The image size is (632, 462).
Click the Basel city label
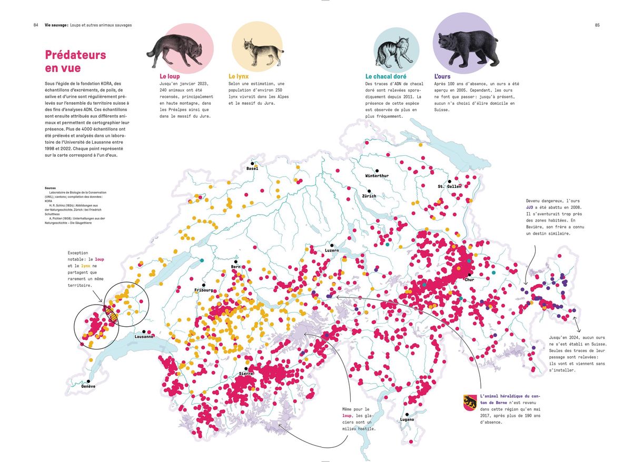coord(252,168)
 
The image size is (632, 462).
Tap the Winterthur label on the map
coord(377,176)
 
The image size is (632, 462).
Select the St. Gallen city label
coord(449,186)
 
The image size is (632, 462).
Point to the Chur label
coord(469,279)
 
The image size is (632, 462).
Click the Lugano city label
coord(407,419)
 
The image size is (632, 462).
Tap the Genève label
coord(88,386)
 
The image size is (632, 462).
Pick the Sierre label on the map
coord(246,374)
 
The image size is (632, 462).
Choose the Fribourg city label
coord(203,290)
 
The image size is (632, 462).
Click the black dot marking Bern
coord(236,262)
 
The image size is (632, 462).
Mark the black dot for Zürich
coord(369,191)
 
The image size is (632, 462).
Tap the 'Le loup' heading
coord(170,76)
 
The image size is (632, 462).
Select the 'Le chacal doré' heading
coord(386,76)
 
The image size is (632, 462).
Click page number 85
coord(597,25)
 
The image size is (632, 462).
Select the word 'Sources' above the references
coord(51,188)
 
